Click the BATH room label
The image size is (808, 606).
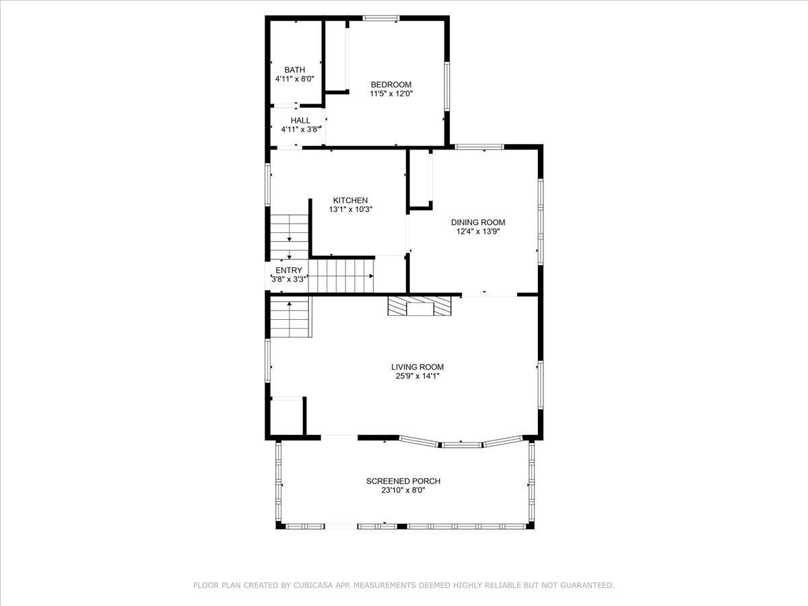(294, 69)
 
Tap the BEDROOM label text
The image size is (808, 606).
(391, 85)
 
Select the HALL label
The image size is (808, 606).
(300, 121)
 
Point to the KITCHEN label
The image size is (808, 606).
(350, 200)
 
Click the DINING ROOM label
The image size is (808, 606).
(478, 222)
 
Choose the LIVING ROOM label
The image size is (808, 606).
(417, 367)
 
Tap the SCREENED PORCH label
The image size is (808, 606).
(403, 481)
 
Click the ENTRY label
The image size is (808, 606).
(289, 271)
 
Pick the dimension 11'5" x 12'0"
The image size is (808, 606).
(391, 94)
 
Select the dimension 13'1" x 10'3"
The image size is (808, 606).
(350, 209)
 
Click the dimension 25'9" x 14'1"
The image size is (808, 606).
(417, 376)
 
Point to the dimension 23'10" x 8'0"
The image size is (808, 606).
(403, 490)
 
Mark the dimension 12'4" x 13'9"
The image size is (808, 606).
(478, 232)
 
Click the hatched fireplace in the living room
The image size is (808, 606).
(419, 306)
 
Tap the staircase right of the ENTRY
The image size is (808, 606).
(341, 276)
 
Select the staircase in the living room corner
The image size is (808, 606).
(291, 316)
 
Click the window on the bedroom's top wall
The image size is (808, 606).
(381, 18)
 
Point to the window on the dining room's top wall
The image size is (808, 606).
(479, 147)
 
